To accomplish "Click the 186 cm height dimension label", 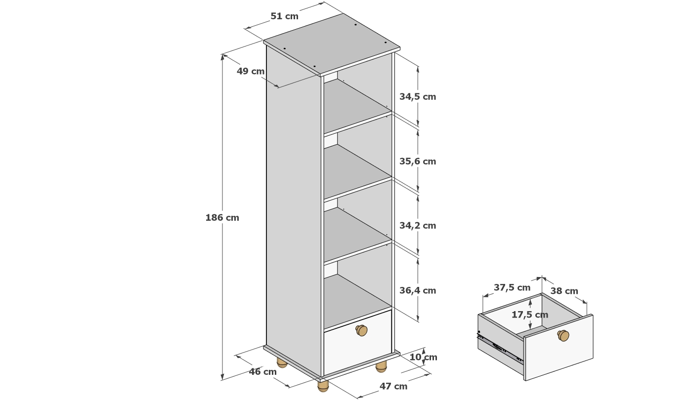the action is pyautogui.click(x=222, y=218).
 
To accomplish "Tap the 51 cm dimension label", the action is pyautogui.click(x=285, y=16).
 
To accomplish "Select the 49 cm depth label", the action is pyautogui.click(x=251, y=71).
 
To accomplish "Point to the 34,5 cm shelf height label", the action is pyautogui.click(x=418, y=97).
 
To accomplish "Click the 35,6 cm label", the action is pyautogui.click(x=418, y=161).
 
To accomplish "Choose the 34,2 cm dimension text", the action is pyautogui.click(x=418, y=225).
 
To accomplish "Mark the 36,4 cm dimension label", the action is pyautogui.click(x=418, y=290).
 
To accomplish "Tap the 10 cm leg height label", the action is pyautogui.click(x=423, y=357).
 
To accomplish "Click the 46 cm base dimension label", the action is pyautogui.click(x=262, y=371).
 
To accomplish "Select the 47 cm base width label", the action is pyautogui.click(x=393, y=386).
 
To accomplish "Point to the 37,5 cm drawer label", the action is pyautogui.click(x=512, y=287).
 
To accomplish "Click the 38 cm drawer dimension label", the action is pyautogui.click(x=564, y=291).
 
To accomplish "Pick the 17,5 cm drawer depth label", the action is pyautogui.click(x=530, y=315).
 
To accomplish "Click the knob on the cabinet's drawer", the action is pyautogui.click(x=361, y=330).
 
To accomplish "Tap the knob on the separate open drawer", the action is pyautogui.click(x=563, y=335).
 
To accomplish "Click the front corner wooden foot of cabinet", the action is pyautogui.click(x=323, y=386).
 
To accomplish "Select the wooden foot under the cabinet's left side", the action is pyautogui.click(x=282, y=363).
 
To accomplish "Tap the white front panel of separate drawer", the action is pyautogui.click(x=559, y=348).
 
